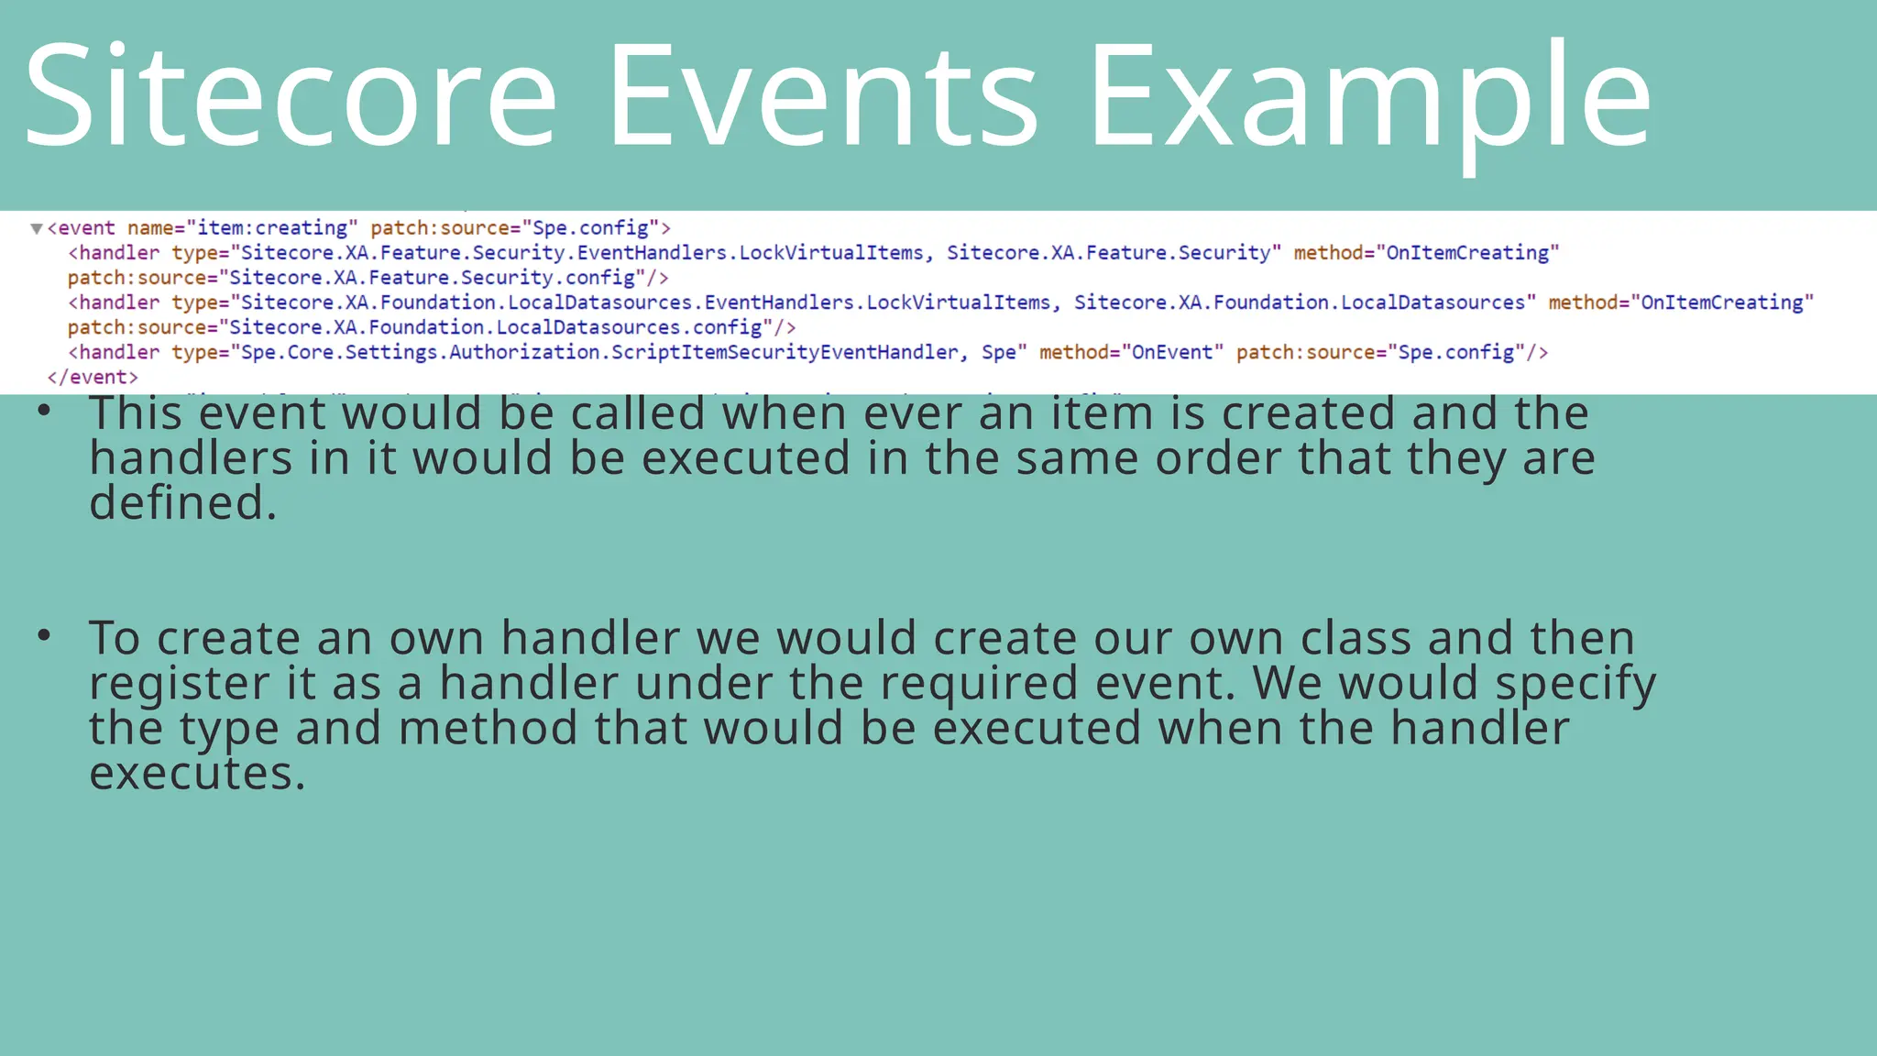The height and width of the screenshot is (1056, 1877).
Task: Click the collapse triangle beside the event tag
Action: click(37, 228)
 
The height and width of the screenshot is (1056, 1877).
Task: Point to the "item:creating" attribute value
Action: click(272, 228)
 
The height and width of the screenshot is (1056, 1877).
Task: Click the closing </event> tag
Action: click(93, 378)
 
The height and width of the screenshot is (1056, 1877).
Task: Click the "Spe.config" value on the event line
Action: click(591, 228)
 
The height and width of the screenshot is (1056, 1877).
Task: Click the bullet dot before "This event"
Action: click(44, 412)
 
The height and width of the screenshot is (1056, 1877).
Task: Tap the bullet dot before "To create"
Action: click(44, 635)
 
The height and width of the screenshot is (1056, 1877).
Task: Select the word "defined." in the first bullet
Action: click(182, 502)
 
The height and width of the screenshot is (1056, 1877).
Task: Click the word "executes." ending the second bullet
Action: click(197, 773)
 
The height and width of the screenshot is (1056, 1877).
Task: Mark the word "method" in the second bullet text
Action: click(488, 728)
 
